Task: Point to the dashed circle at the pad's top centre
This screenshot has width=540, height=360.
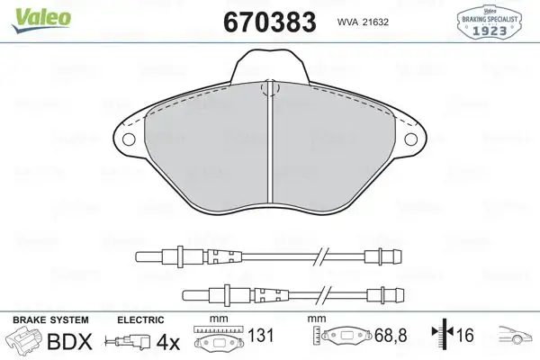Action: point(267,89)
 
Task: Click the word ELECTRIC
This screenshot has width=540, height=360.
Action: point(139,320)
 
